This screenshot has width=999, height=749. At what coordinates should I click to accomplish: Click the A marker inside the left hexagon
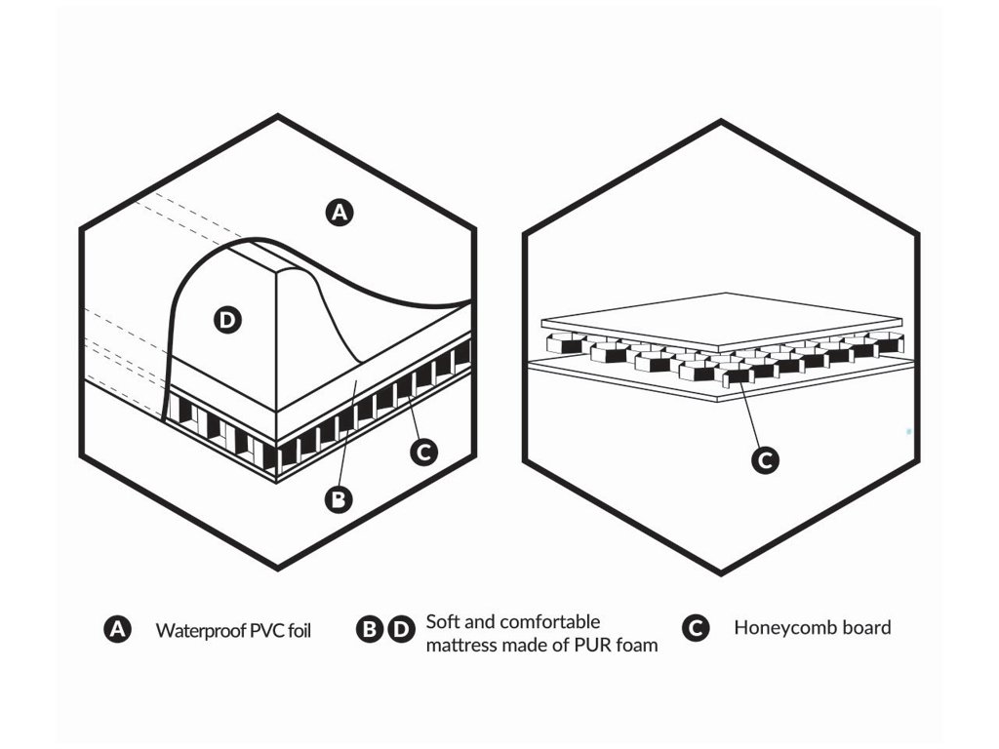tap(339, 212)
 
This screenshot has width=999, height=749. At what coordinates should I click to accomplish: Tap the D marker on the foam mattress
tap(227, 319)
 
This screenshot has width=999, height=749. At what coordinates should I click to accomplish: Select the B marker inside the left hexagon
tap(338, 499)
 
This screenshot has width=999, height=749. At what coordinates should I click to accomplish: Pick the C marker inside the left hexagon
tap(424, 451)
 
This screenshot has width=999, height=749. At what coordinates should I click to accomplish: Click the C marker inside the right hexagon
tap(766, 460)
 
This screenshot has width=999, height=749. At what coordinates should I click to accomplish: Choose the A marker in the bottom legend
tap(117, 630)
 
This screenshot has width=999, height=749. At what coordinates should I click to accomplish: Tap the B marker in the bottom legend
tap(370, 630)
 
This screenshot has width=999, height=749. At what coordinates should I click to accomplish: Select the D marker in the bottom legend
tap(401, 630)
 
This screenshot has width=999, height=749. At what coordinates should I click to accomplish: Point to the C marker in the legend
tap(695, 629)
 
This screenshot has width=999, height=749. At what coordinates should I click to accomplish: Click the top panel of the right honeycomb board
tap(722, 320)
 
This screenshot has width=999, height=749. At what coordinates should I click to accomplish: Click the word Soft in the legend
tap(444, 621)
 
